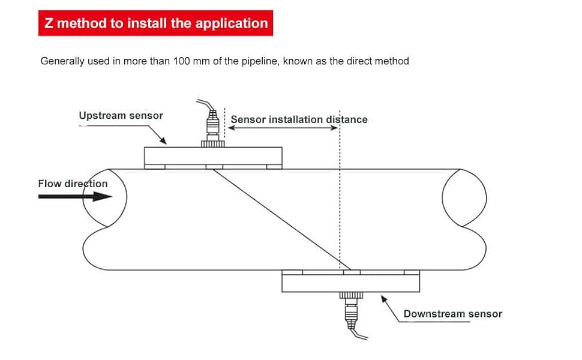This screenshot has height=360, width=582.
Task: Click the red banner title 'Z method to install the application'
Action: click(156, 23)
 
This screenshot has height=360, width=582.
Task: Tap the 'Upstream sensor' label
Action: click(121, 115)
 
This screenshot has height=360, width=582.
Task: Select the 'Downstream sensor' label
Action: click(452, 314)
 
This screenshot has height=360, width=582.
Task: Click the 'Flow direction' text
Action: click(73, 184)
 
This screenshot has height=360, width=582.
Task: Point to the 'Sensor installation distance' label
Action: click(299, 119)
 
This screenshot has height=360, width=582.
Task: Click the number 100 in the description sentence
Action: click(182, 61)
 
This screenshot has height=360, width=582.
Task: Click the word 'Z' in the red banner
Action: click(50, 23)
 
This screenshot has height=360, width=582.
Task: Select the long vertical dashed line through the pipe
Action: click(340, 198)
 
